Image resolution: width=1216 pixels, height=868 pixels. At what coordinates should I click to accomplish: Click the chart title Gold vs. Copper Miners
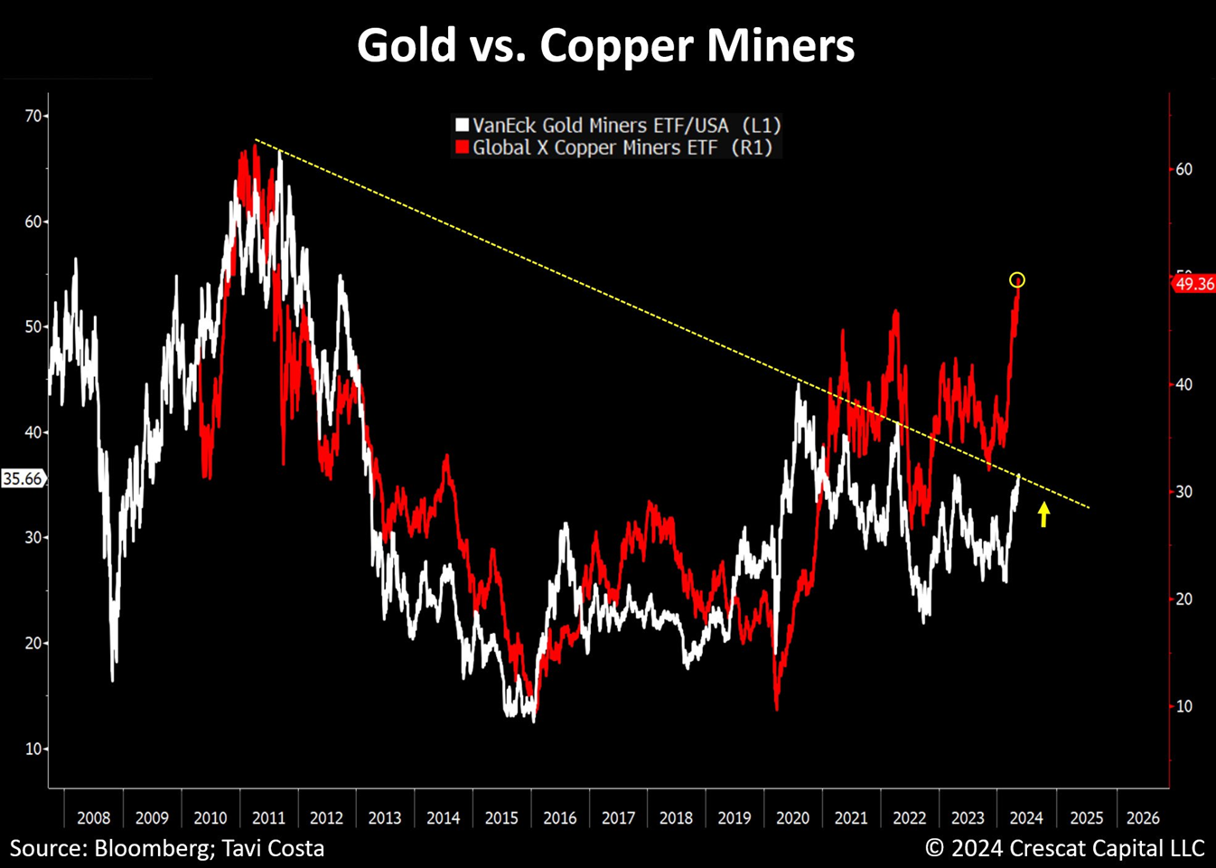coord(605,45)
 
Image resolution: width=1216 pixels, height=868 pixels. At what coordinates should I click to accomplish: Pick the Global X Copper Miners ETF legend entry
coord(622,147)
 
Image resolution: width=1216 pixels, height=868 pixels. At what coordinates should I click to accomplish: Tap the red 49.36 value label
coord(1194,284)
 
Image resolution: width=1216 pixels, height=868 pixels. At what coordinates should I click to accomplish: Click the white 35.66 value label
coord(23,478)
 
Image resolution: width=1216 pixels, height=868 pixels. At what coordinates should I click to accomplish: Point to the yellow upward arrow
coord(1043,514)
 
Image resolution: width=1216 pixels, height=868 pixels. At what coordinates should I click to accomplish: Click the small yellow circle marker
coord(1016,280)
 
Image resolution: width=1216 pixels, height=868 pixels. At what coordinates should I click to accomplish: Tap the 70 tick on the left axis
coord(33,116)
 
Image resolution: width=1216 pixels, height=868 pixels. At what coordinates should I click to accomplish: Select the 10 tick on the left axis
coord(33,749)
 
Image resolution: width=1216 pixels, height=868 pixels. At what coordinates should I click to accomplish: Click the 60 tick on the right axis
coord(1183,169)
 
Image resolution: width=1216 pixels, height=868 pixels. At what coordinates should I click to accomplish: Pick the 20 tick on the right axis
coord(1183,599)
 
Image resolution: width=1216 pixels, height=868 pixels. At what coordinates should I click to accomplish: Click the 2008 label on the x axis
coord(93,817)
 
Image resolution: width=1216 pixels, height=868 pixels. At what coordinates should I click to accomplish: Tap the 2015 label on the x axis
coord(501,817)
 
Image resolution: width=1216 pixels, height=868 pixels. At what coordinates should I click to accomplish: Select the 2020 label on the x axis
coord(792,817)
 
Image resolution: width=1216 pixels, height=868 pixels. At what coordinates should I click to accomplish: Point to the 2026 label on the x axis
coord(1143,817)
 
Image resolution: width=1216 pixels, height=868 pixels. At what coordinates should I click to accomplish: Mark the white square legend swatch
coord(462,125)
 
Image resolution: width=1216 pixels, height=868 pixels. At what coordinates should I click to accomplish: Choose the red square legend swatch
coord(462,147)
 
